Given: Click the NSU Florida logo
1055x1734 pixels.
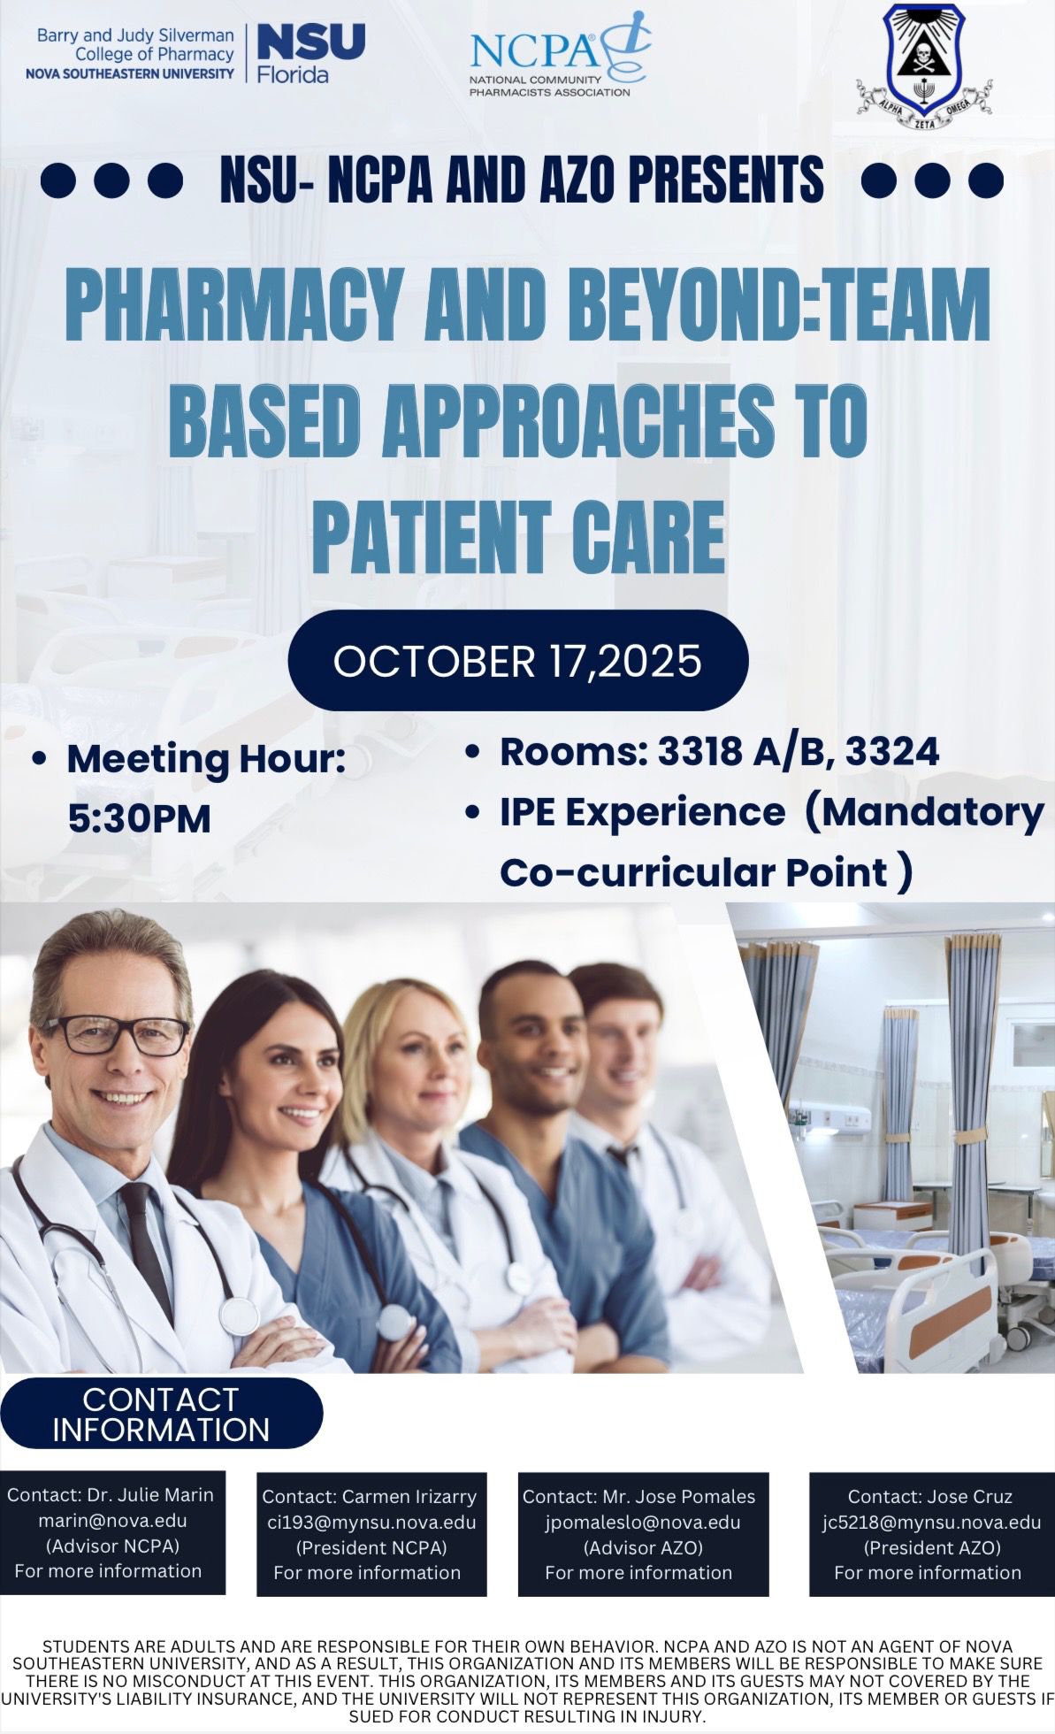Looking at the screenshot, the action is pyautogui.click(x=195, y=54).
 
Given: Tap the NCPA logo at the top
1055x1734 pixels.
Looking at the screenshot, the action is pyautogui.click(x=560, y=55).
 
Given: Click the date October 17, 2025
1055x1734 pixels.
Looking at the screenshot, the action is pyautogui.click(x=517, y=661).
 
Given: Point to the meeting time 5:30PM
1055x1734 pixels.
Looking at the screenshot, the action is pyautogui.click(x=140, y=819).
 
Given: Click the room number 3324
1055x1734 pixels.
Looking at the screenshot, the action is pyautogui.click(x=892, y=752).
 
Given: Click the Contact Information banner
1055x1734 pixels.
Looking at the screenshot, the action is pyautogui.click(x=161, y=1415).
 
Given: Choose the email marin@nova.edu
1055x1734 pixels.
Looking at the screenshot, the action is pyautogui.click(x=112, y=1521).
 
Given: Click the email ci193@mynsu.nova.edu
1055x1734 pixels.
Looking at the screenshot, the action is pyautogui.click(x=371, y=1523).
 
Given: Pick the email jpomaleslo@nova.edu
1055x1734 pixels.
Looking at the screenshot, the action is pyautogui.click(x=643, y=1523).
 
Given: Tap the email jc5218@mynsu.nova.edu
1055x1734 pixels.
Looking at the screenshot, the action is pyautogui.click(x=931, y=1523).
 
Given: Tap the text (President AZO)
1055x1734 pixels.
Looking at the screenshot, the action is pyautogui.click(x=932, y=1547).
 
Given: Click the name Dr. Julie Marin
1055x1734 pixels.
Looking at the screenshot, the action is pyautogui.click(x=150, y=1495).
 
